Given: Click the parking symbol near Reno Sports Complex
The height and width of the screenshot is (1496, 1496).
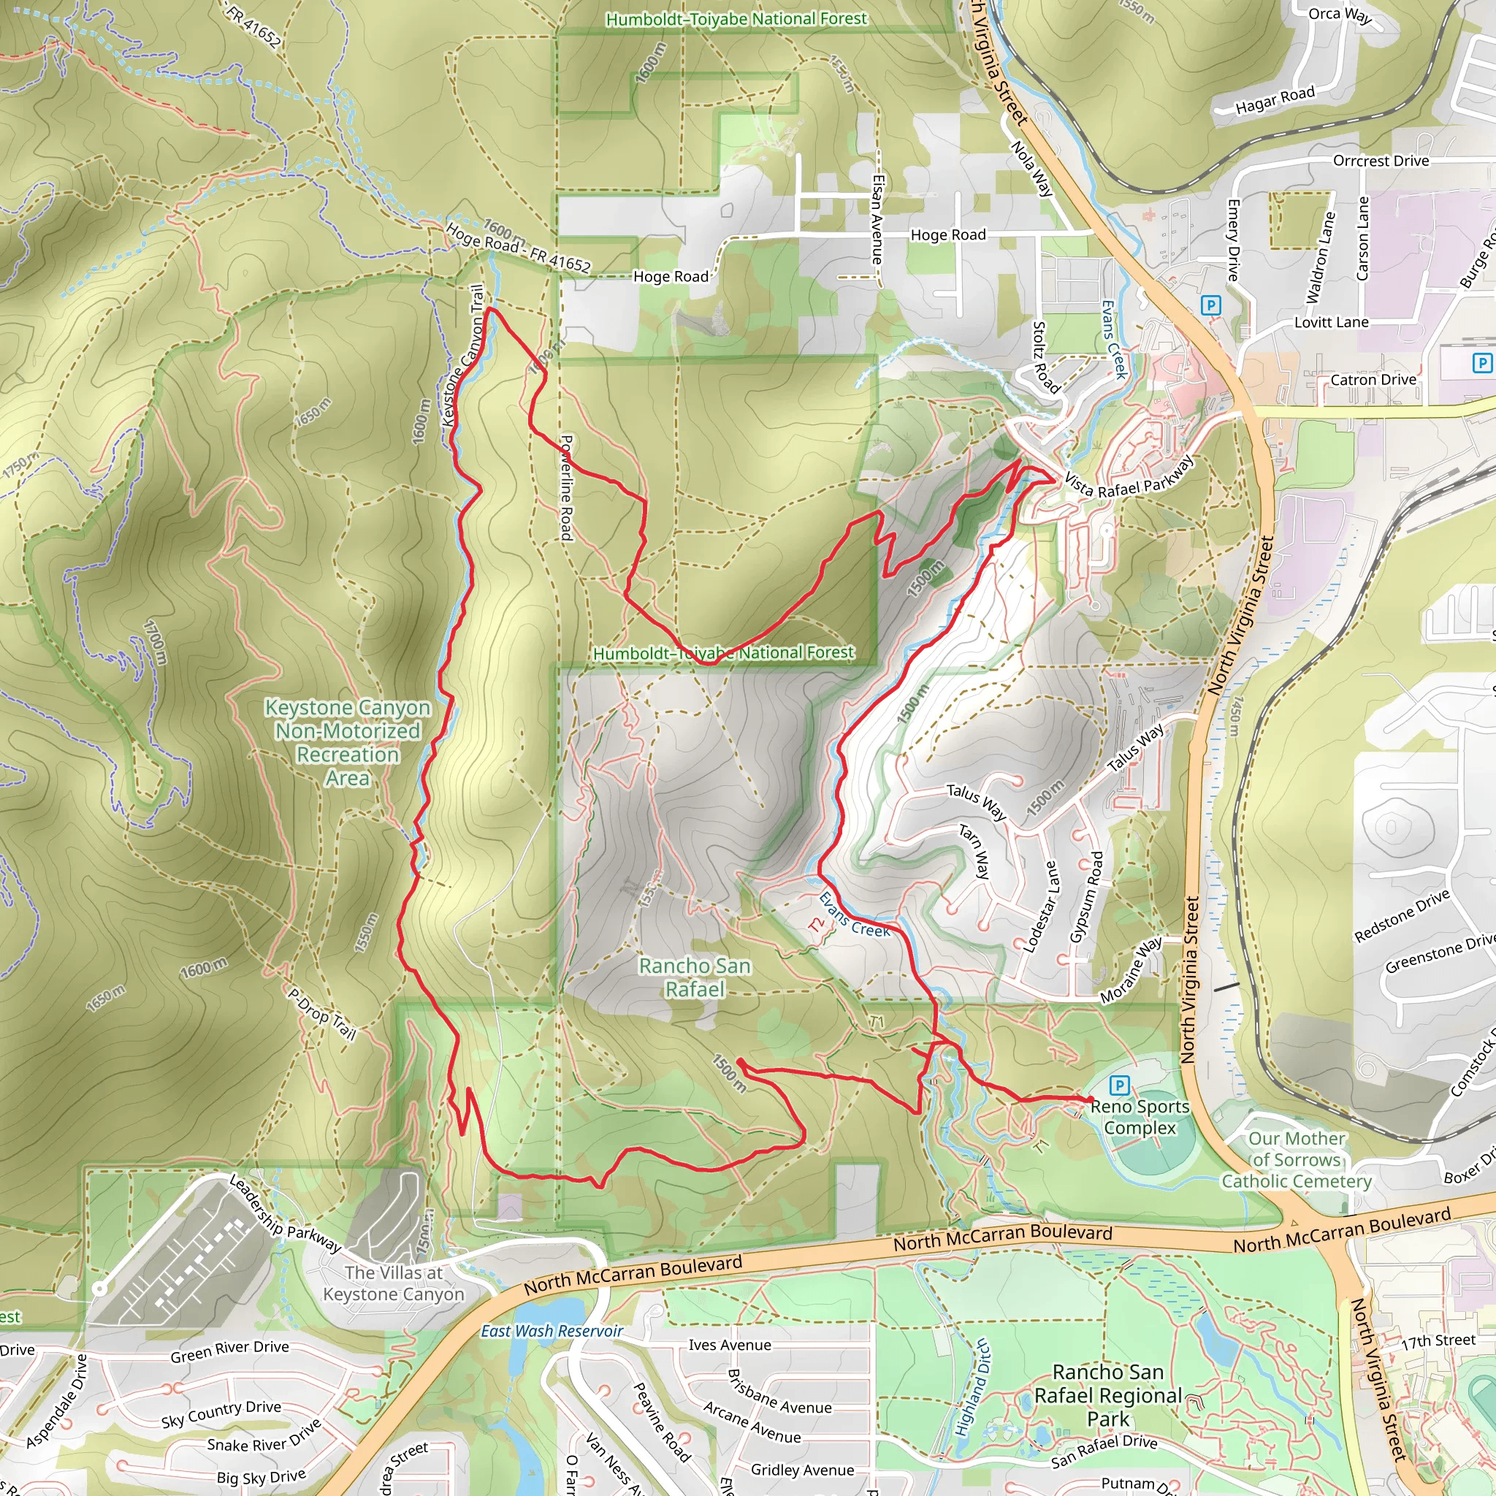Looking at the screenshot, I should point(1120,1085).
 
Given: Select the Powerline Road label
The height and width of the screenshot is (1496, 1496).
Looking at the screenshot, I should point(567,487).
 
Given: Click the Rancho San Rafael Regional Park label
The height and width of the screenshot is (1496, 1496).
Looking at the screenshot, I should point(1108,1395).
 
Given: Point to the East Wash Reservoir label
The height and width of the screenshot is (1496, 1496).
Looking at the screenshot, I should point(552,1331).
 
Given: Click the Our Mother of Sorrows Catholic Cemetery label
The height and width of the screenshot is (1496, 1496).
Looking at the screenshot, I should point(1297,1160).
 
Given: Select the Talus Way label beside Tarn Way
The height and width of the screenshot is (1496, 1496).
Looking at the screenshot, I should point(977,801).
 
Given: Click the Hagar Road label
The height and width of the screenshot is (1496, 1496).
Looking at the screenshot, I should point(1275,100).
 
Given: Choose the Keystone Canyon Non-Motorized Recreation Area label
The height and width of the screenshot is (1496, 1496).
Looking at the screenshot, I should point(348,742).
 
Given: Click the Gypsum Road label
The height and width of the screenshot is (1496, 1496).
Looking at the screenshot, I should point(1086,898).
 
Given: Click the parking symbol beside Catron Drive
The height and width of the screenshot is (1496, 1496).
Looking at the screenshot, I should point(1481,362).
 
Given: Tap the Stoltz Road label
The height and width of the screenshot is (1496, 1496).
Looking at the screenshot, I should point(1046,357).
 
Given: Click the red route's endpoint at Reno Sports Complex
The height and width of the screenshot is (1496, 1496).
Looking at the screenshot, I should point(1091,1099).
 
